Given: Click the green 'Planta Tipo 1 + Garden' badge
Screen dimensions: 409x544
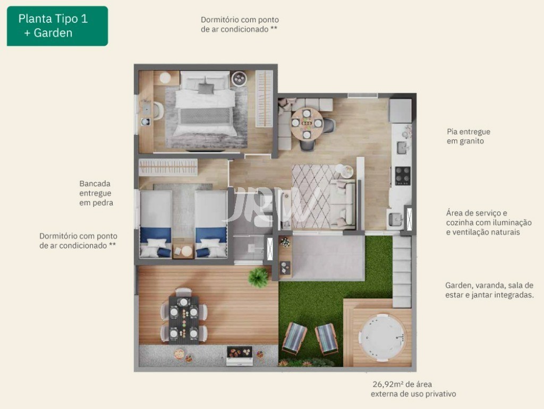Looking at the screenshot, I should (57, 26).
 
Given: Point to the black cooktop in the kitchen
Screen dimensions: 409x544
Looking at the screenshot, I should (402, 176).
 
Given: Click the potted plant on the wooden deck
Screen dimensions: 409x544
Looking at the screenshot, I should (259, 278).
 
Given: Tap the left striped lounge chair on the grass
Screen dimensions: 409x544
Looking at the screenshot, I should (294, 338).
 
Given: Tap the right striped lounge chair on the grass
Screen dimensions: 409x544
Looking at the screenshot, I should (326, 339).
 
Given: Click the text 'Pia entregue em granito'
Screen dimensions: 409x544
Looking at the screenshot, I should (468, 136).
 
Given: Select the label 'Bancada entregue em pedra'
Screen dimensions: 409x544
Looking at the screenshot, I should (96, 193).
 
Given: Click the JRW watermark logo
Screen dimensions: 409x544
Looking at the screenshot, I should (272, 205).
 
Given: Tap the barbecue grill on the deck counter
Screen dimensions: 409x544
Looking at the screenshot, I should (240, 354).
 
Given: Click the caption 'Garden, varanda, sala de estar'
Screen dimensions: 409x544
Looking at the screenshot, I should (489, 290).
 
